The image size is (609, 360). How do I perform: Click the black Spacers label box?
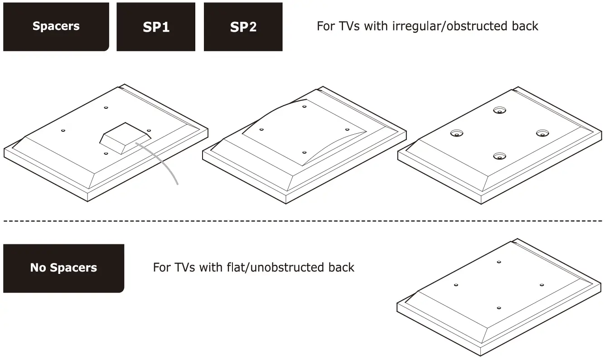pos(56,26)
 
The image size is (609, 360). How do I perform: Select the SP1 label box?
pos(156,27)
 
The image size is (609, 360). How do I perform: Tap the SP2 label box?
pos(243,27)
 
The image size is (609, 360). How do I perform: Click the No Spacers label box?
pos(63,268)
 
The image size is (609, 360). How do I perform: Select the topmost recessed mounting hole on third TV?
pos(500,110)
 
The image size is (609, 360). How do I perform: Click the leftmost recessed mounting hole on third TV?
pos(457,133)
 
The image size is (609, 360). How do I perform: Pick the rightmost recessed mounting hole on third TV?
pos(542,133)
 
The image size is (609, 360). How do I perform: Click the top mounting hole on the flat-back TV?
pos(499,262)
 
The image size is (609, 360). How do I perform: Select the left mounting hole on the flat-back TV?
pos(456,285)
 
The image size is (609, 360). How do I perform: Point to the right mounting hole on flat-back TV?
pos(542,285)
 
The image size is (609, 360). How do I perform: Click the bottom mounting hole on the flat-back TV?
pos(498,308)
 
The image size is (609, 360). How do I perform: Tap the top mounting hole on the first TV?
pos(106,107)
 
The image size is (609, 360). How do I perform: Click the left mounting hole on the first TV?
pos(63,131)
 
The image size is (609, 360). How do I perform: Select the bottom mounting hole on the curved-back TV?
pos(304,152)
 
